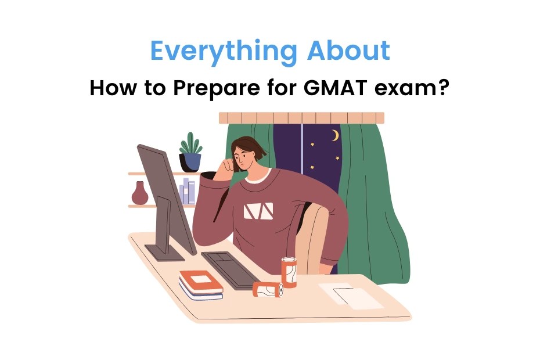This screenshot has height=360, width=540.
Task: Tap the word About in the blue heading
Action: tap(348, 51)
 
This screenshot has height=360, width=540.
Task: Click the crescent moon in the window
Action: tap(334, 135)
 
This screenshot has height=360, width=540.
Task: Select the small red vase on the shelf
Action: tap(140, 193)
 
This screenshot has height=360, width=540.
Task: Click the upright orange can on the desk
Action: tap(289, 271)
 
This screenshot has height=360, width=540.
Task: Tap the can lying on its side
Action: tap(268, 289)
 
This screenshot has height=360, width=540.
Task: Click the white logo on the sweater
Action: tap(258, 211)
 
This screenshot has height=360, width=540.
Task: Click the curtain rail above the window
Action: tap(302, 118)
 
